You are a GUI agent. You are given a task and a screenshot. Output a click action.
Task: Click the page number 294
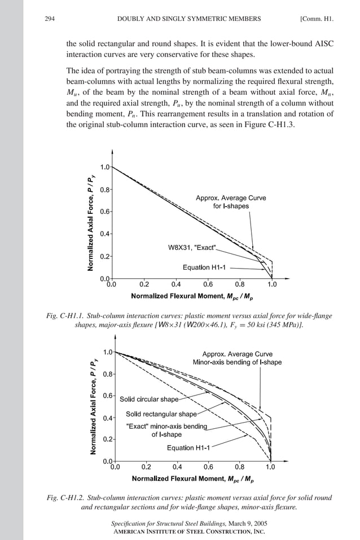coord(49,19)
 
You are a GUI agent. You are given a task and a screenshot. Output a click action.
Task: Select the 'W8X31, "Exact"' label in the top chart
coord(192,248)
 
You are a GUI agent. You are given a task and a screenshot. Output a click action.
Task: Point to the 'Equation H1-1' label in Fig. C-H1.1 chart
coord(204,267)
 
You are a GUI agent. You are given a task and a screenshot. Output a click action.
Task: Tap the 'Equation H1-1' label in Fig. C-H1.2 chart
coord(188,448)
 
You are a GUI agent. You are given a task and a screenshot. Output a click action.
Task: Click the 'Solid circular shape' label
coord(149,399)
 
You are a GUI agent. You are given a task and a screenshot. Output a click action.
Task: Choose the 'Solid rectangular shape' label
coord(161,414)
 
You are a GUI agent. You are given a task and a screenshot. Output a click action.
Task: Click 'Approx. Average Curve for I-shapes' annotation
coord(231,202)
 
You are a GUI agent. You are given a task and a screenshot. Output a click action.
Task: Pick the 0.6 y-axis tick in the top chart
coord(105,212)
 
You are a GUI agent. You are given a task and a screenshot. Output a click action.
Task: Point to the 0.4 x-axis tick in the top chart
coord(176,284)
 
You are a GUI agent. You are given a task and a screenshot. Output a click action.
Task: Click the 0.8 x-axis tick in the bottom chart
coord(239,467)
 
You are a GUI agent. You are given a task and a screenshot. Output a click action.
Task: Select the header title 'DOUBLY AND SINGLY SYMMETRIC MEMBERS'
coord(188,19)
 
